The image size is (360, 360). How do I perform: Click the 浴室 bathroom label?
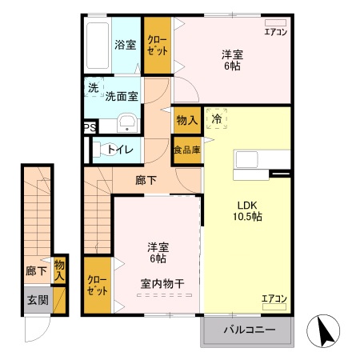124,45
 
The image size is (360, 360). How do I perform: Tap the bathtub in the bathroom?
97,45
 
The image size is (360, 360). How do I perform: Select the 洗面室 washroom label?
122,95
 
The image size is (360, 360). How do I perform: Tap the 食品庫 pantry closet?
187,150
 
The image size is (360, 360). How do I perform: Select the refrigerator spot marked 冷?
217,118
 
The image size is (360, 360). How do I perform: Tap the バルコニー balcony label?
249,330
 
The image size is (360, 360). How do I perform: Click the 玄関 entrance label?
37,300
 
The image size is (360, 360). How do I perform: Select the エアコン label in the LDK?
274,299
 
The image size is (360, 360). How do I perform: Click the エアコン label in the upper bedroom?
275,33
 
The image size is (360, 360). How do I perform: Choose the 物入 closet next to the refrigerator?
187,120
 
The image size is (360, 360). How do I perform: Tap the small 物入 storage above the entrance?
59,269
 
